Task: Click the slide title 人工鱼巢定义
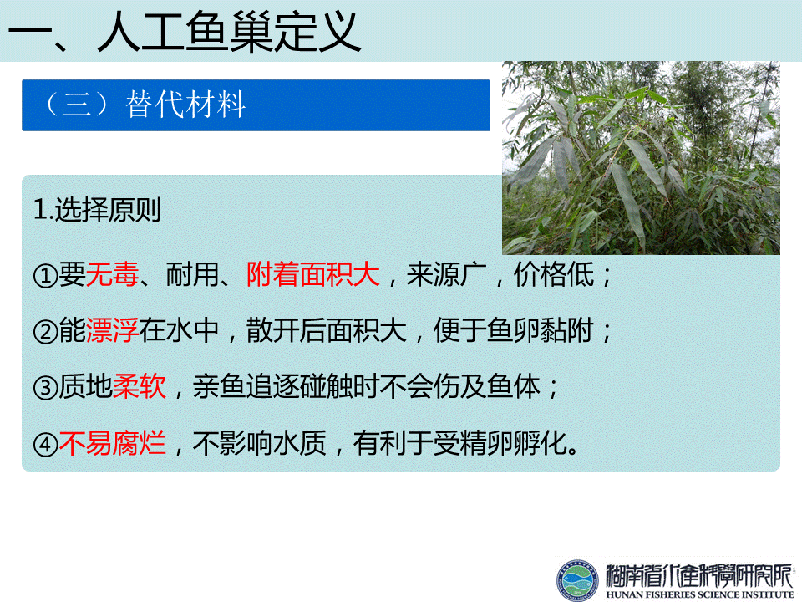coord(230,32)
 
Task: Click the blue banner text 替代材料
coord(185,105)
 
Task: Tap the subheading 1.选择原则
coord(97,210)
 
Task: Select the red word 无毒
coord(112,274)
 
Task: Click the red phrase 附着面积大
coord(313,274)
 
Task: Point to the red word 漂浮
coord(112,330)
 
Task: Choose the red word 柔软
coord(140,386)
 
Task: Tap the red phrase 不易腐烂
coord(113,443)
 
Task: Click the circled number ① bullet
coord(45,276)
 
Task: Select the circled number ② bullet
coord(45,332)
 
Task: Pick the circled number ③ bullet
coord(45,388)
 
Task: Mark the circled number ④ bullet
coord(45,444)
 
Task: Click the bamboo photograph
coord(641,158)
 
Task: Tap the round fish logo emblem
coord(577,580)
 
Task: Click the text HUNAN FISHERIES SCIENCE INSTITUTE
coord(699,594)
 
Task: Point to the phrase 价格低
coord(553,274)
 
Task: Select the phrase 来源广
coord(446,274)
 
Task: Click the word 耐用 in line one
coord(193,274)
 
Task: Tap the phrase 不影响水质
coord(259,443)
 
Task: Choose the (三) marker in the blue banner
coord(77,105)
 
